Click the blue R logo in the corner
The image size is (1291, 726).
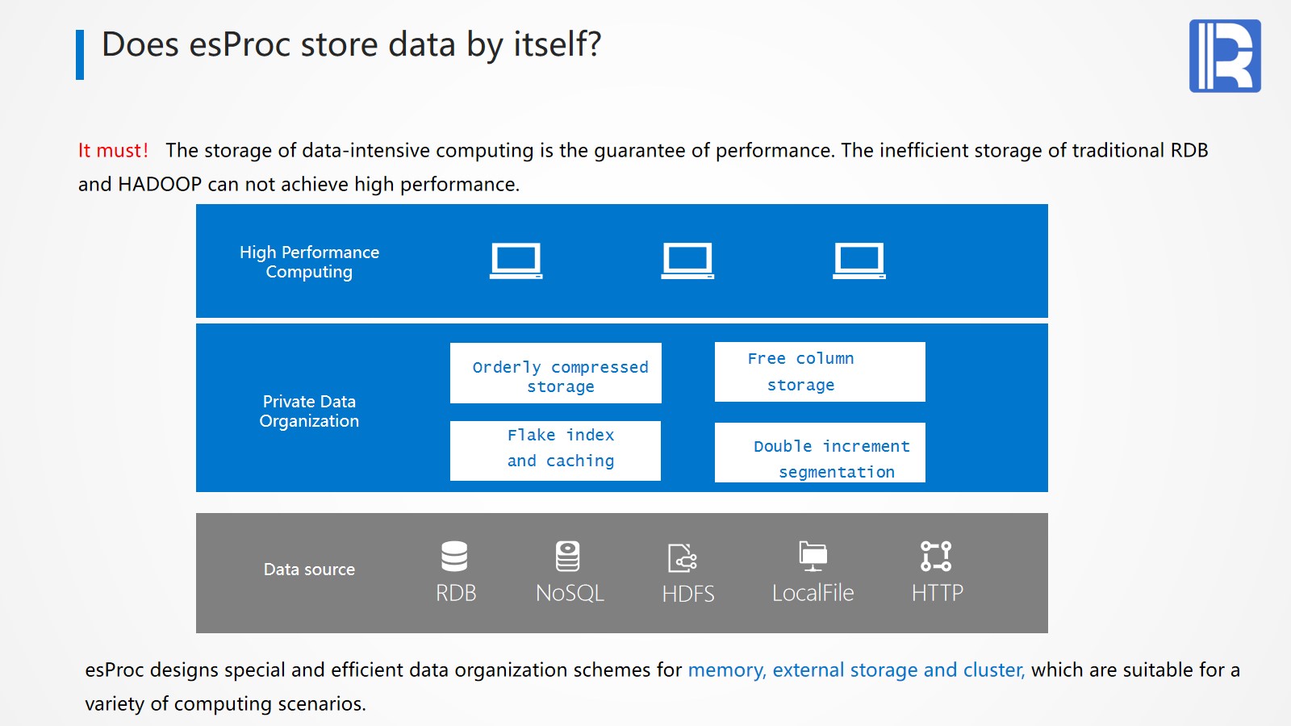1225,56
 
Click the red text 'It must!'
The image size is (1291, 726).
113,151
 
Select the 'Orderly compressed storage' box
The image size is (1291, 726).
556,373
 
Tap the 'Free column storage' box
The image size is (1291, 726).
820,372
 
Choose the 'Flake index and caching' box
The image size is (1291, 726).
556,451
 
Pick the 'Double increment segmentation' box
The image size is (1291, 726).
820,453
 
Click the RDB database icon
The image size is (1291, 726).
454,556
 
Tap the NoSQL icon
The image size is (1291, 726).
568,556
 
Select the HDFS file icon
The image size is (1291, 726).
683,557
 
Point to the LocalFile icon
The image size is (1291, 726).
813,556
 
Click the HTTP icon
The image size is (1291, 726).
936,556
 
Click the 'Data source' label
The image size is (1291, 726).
309,570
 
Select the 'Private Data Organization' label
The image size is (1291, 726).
309,411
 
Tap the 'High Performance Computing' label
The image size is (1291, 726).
309,262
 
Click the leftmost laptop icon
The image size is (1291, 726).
516,261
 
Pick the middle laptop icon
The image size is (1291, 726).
687,261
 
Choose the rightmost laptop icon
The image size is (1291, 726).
859,261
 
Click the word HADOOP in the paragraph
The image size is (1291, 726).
160,185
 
